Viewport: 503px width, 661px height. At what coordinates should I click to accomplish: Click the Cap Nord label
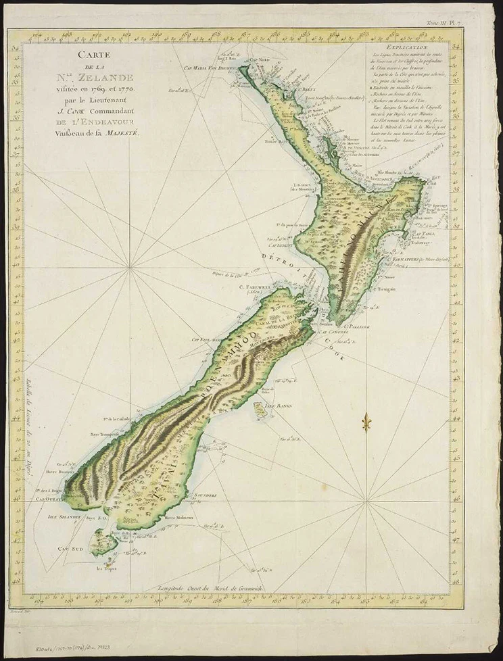pyautogui.click(x=260, y=60)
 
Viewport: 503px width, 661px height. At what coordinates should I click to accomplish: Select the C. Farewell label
pyautogui.click(x=251, y=285)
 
